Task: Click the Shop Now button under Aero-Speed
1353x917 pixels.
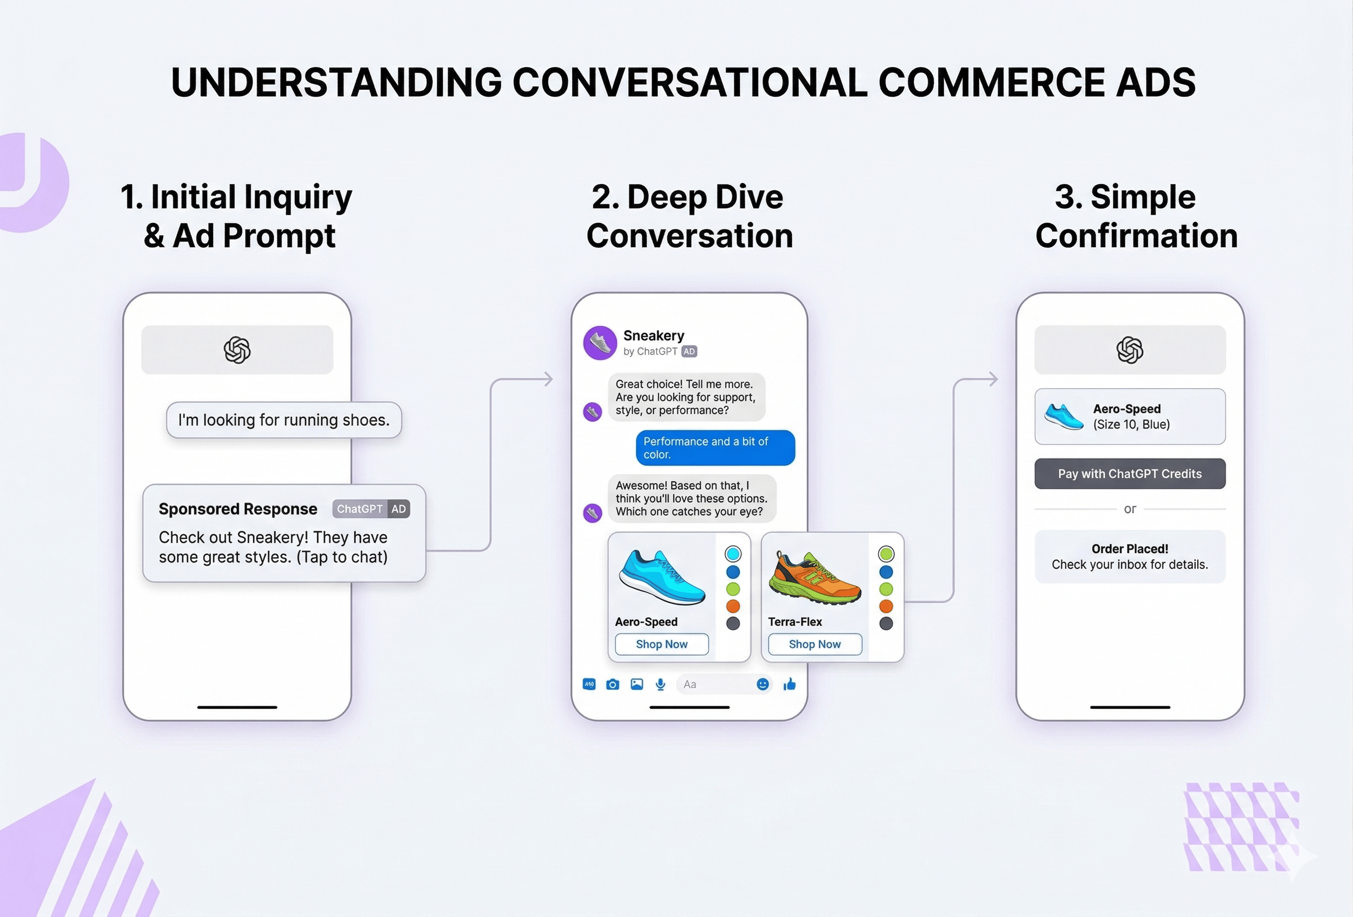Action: click(661, 644)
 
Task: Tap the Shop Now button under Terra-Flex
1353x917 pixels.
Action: click(814, 644)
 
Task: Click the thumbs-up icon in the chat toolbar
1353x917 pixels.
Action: click(790, 684)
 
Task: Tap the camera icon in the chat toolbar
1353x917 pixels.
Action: click(613, 684)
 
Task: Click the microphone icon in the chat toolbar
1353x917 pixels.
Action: click(660, 684)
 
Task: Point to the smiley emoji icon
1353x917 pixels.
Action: click(762, 684)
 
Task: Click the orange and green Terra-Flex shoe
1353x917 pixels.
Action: click(814, 577)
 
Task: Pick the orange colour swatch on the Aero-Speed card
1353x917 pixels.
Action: click(733, 606)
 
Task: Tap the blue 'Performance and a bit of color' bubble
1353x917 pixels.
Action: click(715, 448)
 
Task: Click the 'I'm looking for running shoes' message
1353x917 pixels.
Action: click(284, 420)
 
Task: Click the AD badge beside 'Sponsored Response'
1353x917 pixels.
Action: click(398, 509)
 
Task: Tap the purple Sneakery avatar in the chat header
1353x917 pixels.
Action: click(600, 343)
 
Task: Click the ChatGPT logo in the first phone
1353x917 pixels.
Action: click(237, 350)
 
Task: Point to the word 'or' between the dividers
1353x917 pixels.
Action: click(1130, 509)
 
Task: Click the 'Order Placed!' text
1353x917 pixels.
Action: click(1130, 549)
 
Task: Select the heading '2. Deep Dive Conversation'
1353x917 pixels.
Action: click(689, 216)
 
